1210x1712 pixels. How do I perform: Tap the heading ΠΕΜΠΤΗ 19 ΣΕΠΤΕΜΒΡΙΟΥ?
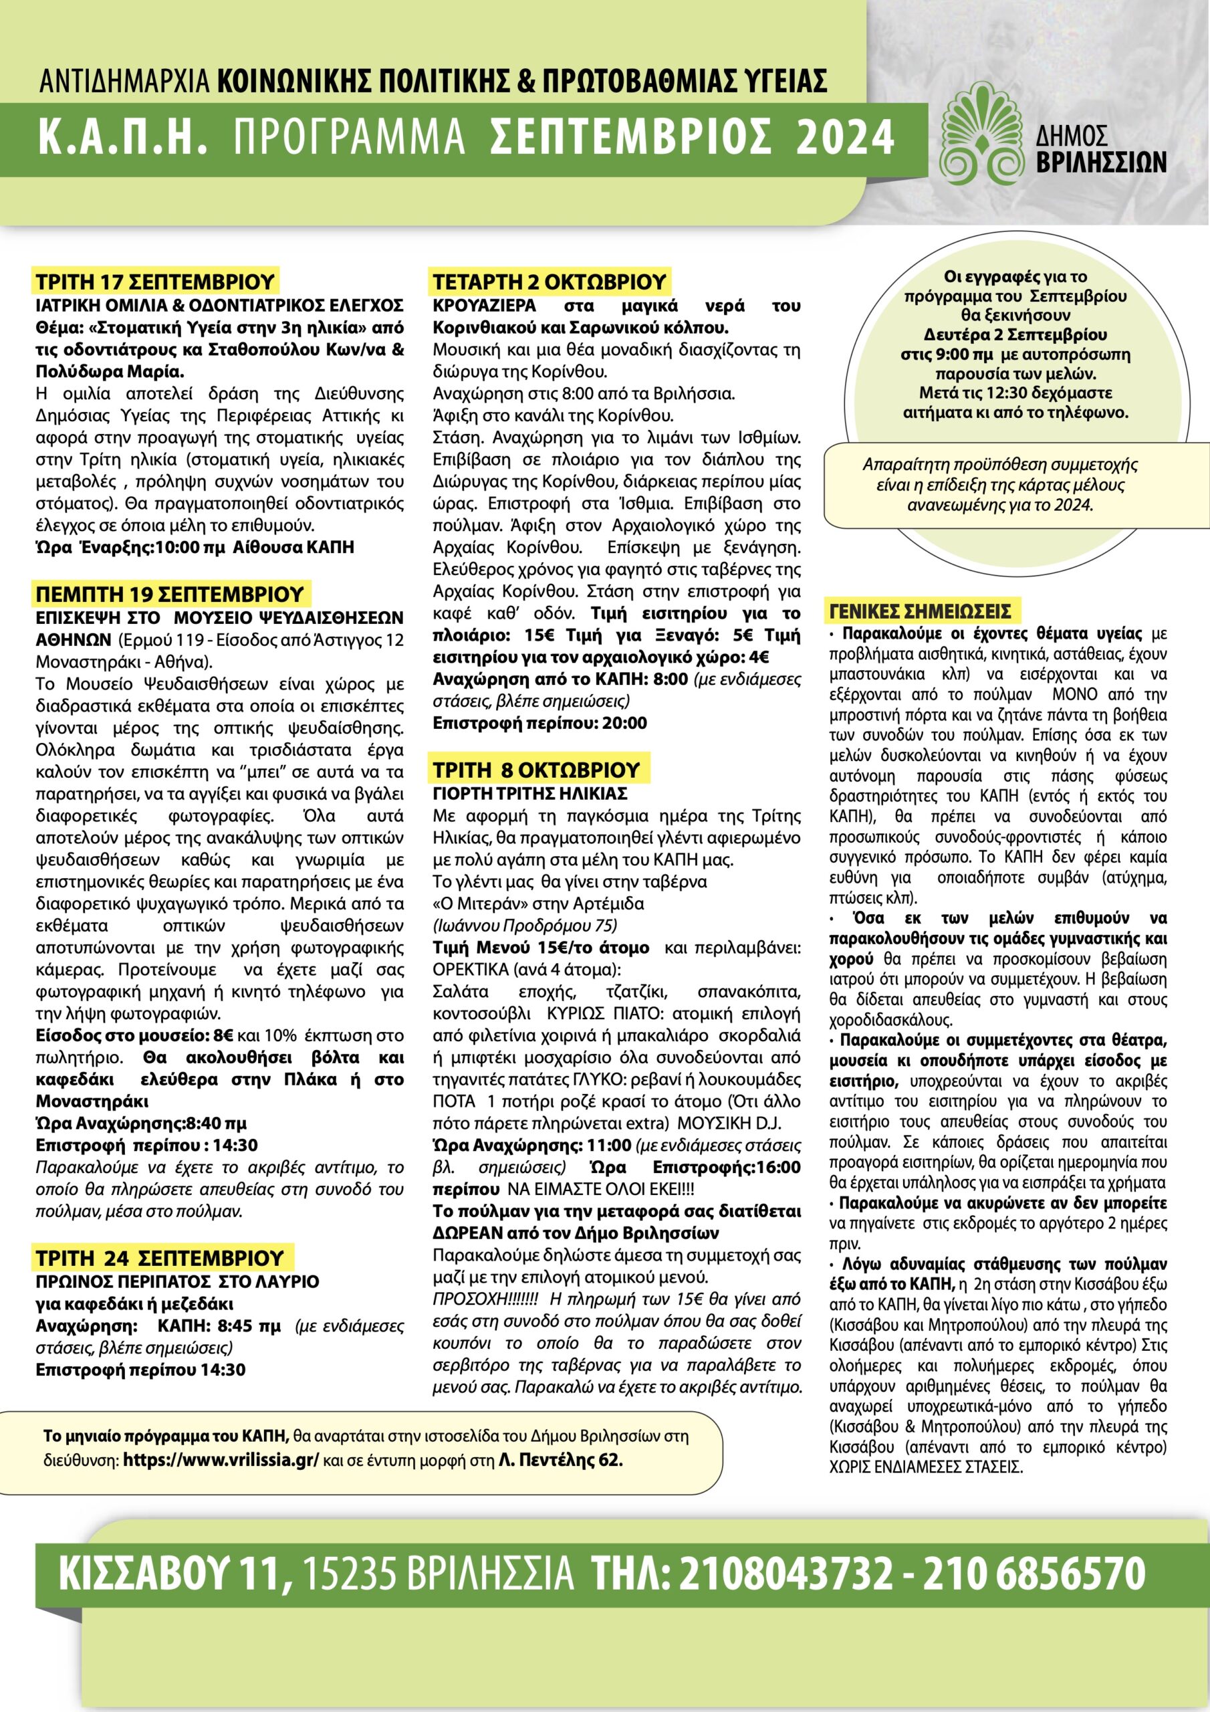pos(170,595)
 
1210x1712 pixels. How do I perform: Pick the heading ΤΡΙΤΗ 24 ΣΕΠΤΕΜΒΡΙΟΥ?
pos(160,1258)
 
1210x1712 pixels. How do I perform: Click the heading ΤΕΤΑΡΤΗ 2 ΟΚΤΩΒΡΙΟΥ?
pos(550,282)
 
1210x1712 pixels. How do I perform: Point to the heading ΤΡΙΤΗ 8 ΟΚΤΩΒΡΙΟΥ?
pos(537,770)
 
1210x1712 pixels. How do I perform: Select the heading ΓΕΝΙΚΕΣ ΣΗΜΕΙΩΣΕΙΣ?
pos(920,612)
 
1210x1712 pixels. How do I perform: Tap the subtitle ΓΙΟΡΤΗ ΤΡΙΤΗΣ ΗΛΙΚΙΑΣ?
pos(530,793)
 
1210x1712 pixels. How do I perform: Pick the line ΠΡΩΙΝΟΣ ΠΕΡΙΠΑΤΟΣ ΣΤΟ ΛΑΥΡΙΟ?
pos(177,1282)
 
